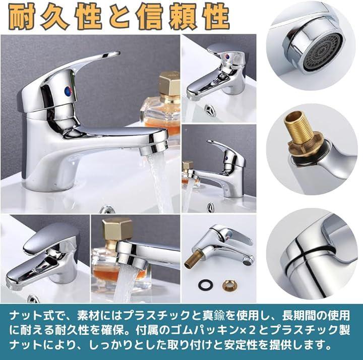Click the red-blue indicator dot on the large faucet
69,90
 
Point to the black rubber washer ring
204,284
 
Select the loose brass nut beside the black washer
227,284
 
